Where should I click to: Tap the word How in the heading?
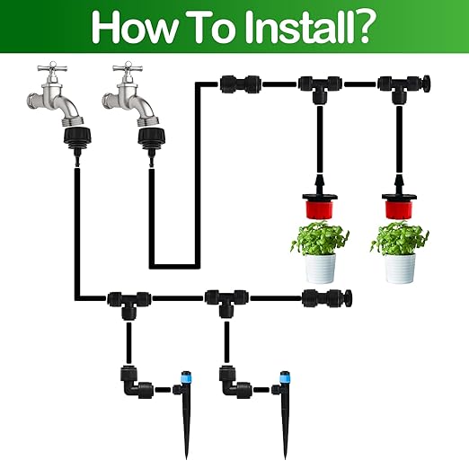point(133,28)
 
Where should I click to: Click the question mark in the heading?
point(363,27)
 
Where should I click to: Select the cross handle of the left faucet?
point(52,68)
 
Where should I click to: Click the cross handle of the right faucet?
point(128,68)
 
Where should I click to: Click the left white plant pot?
point(320,268)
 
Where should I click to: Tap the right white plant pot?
point(400,268)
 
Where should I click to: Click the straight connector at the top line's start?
point(240,84)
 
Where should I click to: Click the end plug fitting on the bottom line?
point(326,298)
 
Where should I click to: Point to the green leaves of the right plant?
point(400,238)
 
